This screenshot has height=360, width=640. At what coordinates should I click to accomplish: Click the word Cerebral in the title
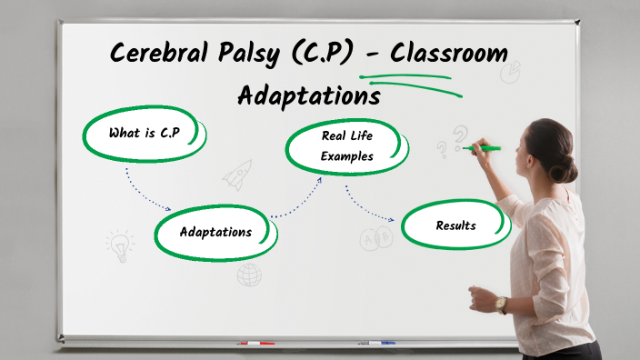pyautogui.click(x=154, y=53)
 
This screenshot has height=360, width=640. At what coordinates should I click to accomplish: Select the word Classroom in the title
pyautogui.click(x=448, y=52)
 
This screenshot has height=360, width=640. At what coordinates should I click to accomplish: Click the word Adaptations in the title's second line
pyautogui.click(x=309, y=95)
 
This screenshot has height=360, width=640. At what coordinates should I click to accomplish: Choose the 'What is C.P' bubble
pyautogui.click(x=145, y=134)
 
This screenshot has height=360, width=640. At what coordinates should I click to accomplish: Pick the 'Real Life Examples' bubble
pyautogui.click(x=346, y=146)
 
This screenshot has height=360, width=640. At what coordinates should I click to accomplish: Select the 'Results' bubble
pyautogui.click(x=455, y=225)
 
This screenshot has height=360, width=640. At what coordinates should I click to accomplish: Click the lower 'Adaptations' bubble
pyautogui.click(x=215, y=232)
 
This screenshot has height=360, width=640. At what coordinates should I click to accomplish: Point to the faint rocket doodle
pyautogui.click(x=237, y=174)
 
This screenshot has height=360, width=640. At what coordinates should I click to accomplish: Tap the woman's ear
pyautogui.click(x=535, y=157)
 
